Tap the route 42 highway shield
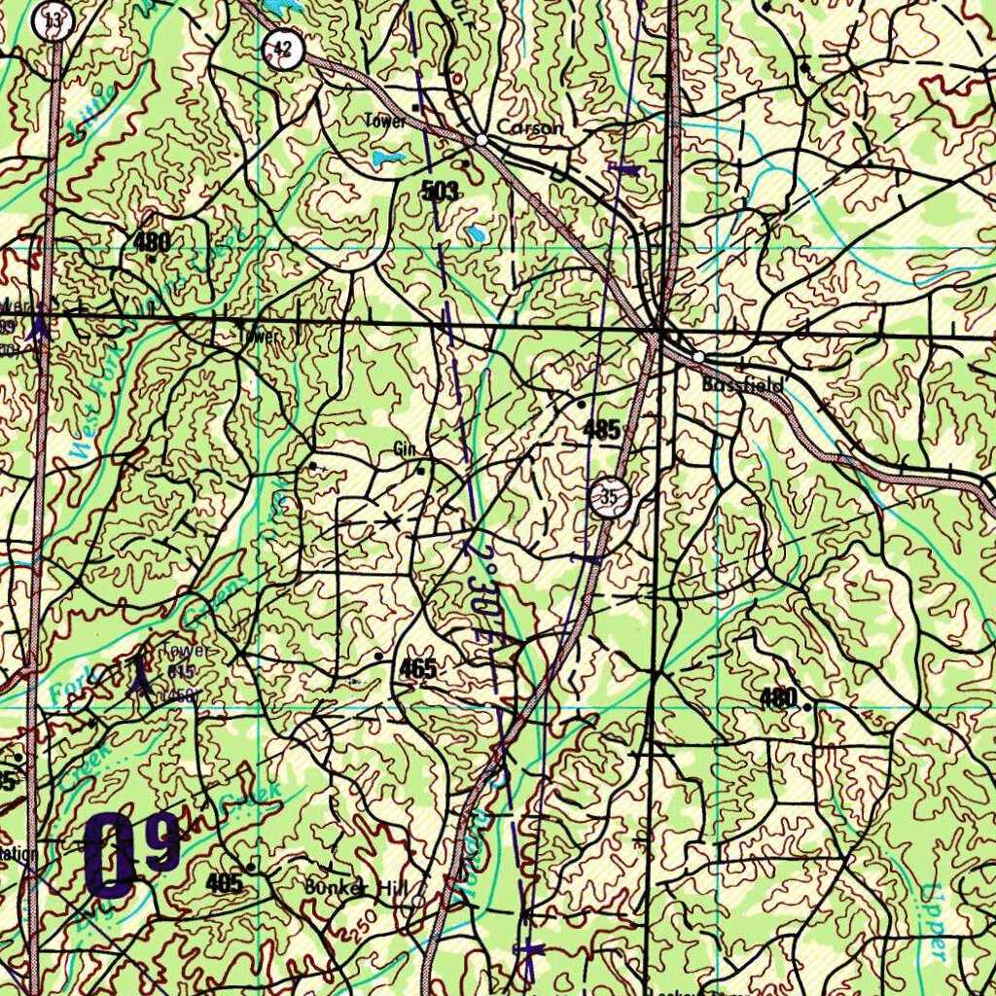point(283,47)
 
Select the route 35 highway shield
point(609,498)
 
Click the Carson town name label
point(529,127)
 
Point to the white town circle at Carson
point(481,141)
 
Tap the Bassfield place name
point(743,385)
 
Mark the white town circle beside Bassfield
point(698,357)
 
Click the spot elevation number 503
point(440,192)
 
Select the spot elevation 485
point(603,429)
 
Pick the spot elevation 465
point(417,668)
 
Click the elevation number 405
point(225,882)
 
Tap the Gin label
point(404,448)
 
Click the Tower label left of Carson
point(385,122)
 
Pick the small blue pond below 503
point(475,233)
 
